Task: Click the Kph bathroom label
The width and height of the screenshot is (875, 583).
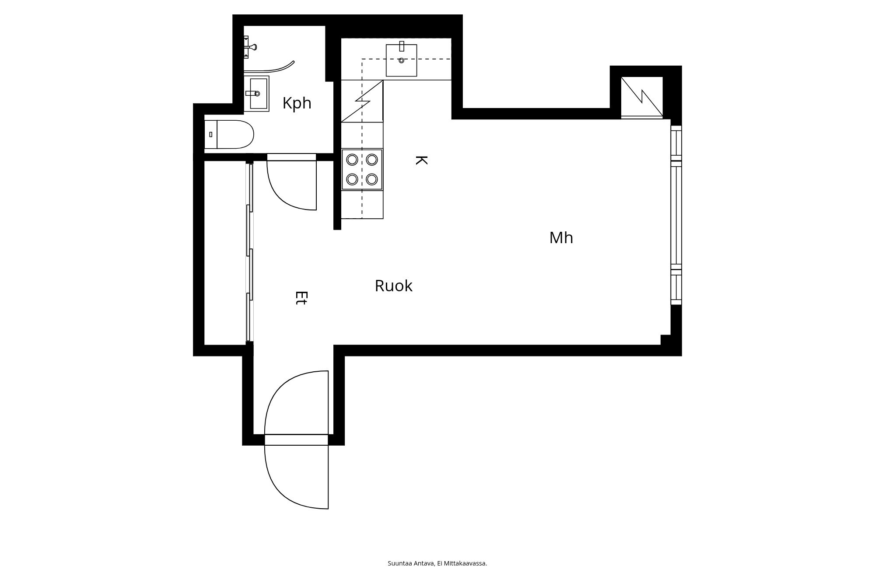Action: click(x=297, y=103)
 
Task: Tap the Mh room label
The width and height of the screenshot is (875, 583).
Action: click(x=561, y=238)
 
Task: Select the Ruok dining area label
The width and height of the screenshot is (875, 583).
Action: click(x=393, y=286)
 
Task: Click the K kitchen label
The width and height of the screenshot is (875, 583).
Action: click(x=420, y=160)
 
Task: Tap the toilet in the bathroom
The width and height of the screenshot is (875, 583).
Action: click(x=229, y=134)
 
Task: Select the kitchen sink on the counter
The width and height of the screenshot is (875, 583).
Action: click(x=401, y=60)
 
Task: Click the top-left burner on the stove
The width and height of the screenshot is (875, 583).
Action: click(x=352, y=159)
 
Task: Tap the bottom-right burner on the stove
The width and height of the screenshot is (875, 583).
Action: click(x=372, y=179)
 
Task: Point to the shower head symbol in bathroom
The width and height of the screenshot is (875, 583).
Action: click(x=250, y=47)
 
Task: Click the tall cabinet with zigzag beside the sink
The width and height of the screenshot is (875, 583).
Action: click(x=362, y=101)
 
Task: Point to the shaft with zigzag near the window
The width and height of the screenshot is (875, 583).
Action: click(x=642, y=97)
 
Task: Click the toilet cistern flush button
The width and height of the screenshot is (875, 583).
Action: click(x=211, y=134)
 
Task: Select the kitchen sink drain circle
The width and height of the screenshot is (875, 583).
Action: click(x=401, y=60)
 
